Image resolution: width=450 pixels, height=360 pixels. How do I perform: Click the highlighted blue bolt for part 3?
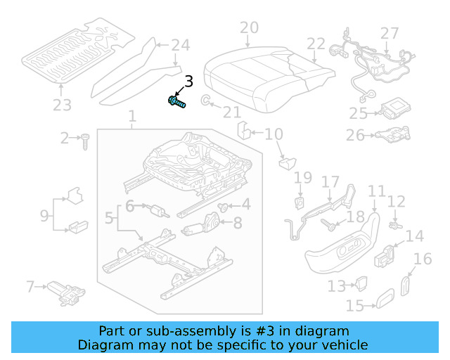[x=177, y=103]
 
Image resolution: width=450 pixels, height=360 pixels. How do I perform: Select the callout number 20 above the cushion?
[x=249, y=28]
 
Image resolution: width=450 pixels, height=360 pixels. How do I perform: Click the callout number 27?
[x=390, y=33]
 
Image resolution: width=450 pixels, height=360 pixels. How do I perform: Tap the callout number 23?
[x=62, y=106]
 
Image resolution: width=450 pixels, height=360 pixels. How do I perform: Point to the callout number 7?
[x=30, y=286]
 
